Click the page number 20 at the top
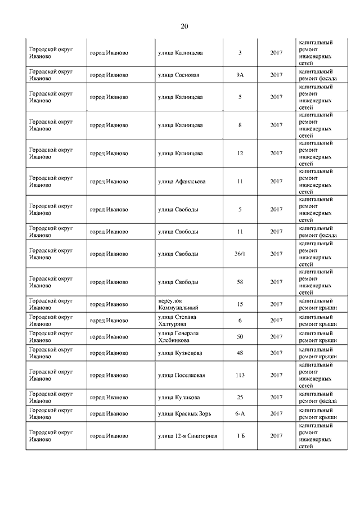click(184, 26)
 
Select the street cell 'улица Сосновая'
click(179, 75)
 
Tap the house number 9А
click(240, 75)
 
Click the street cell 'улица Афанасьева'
click(182, 181)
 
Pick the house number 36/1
click(240, 254)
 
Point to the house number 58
click(240, 282)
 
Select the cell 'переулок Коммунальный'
click(178, 304)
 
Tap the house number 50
click(240, 336)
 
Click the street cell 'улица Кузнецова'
click(180, 353)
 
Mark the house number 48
click(240, 353)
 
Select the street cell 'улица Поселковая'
click(181, 375)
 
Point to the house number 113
click(240, 375)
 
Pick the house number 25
click(240, 397)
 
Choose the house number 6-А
click(240, 413)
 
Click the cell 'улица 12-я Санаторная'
click(187, 436)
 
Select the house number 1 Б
click(240, 436)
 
